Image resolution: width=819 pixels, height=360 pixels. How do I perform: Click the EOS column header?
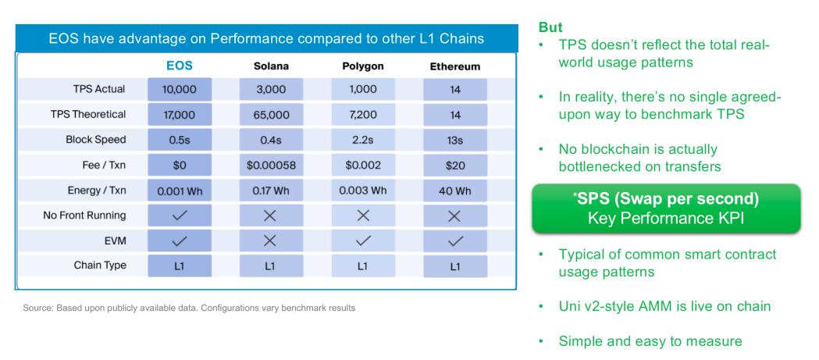(179, 66)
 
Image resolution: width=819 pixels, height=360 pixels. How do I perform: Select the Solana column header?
(271, 66)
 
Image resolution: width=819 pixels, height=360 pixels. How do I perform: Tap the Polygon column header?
(363, 66)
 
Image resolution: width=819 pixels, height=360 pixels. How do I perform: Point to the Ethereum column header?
(455, 67)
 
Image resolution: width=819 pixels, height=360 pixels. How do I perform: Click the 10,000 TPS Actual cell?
(179, 89)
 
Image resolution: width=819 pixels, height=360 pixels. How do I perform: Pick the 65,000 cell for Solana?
(271, 115)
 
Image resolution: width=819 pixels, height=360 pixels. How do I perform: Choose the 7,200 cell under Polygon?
(363, 115)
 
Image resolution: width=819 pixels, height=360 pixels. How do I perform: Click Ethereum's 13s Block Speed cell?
(455, 140)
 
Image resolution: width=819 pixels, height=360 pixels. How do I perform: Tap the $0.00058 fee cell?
(271, 166)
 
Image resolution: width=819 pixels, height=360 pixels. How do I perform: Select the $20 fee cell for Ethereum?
(455, 166)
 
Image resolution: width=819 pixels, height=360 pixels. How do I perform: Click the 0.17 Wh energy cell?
(271, 191)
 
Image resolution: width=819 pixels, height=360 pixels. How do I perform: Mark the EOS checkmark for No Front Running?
(179, 216)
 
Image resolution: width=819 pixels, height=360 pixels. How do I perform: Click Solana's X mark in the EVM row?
(269, 241)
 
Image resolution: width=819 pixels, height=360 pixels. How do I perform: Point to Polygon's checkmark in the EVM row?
(363, 241)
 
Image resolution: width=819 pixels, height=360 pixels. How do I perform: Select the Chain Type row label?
(100, 266)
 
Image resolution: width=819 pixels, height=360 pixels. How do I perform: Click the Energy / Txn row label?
(97, 191)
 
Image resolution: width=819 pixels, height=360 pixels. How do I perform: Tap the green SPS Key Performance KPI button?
(666, 209)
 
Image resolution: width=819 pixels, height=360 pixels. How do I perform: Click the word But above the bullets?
(550, 27)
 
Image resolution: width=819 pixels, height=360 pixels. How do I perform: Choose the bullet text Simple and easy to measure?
(650, 342)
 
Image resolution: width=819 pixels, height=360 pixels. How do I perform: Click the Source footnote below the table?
(189, 308)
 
